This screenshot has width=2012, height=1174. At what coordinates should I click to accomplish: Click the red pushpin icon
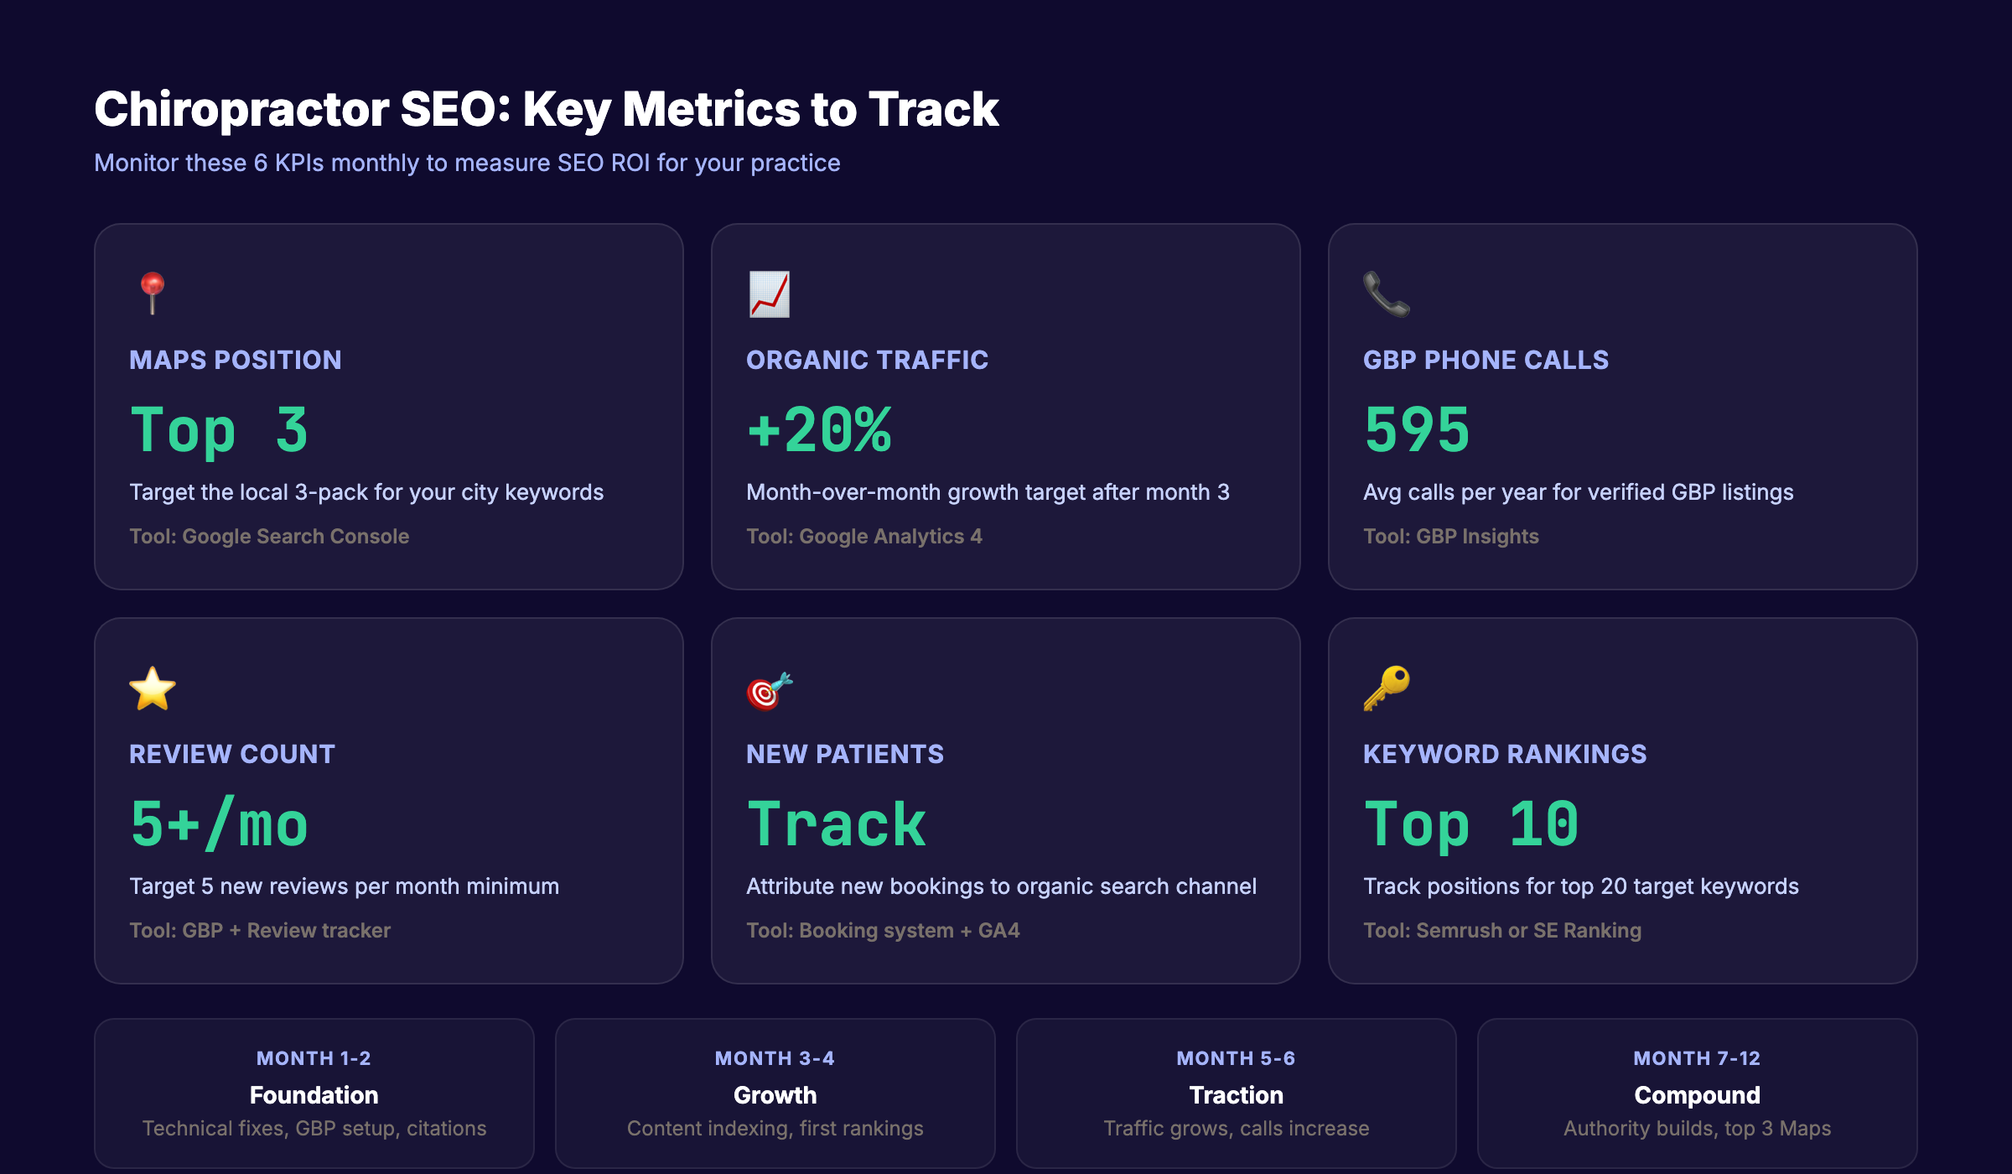tap(152, 293)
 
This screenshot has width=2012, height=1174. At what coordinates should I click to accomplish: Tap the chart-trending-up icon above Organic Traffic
tap(769, 294)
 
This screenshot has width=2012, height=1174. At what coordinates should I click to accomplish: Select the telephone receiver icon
tap(1386, 294)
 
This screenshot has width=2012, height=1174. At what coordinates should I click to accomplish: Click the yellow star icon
tap(152, 688)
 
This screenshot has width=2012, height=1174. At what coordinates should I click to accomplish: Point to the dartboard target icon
tap(769, 690)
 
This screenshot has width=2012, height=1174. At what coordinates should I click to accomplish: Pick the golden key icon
tap(1386, 688)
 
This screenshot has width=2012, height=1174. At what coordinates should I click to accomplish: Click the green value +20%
tap(819, 430)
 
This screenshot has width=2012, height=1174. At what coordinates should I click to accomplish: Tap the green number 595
tap(1417, 430)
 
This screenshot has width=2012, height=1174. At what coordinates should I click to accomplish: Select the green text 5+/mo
tap(219, 824)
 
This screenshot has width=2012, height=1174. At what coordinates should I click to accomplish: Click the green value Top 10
tap(1471, 824)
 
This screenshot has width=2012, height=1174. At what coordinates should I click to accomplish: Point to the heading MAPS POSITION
tap(235, 360)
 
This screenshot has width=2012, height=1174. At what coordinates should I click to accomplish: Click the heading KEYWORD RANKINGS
tap(1504, 754)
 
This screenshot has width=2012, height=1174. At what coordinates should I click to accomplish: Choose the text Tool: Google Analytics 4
tap(863, 536)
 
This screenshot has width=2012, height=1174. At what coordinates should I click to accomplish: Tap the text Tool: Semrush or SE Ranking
tap(1501, 930)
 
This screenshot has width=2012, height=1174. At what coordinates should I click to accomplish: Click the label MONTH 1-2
tap(314, 1058)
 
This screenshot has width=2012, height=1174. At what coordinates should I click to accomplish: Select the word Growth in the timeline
tap(775, 1095)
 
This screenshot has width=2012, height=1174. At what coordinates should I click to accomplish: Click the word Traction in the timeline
tap(1236, 1095)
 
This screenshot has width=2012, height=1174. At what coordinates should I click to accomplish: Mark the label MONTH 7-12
tap(1697, 1058)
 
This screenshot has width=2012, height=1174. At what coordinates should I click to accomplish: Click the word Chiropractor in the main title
tap(241, 110)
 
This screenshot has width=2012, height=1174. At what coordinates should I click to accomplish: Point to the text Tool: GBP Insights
tap(1450, 536)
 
